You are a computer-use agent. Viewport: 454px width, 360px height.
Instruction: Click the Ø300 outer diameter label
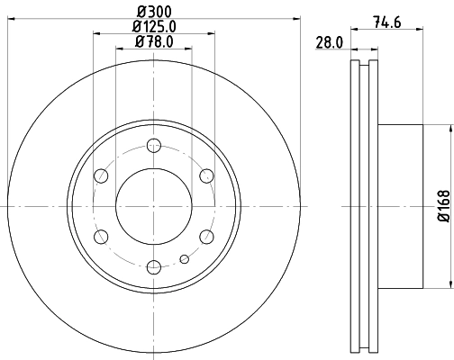[153, 12]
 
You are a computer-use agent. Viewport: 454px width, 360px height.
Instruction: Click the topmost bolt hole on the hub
[153, 144]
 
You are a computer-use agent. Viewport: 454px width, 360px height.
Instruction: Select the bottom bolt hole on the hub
[153, 265]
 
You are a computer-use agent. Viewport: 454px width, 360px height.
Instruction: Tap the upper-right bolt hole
[205, 175]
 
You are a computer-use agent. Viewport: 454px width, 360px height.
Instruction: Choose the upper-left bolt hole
[101, 175]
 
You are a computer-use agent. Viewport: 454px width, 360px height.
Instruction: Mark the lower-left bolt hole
[101, 236]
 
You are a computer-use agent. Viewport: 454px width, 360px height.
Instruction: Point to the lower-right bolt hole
[205, 236]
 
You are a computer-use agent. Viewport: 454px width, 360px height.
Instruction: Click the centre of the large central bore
[153, 205]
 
